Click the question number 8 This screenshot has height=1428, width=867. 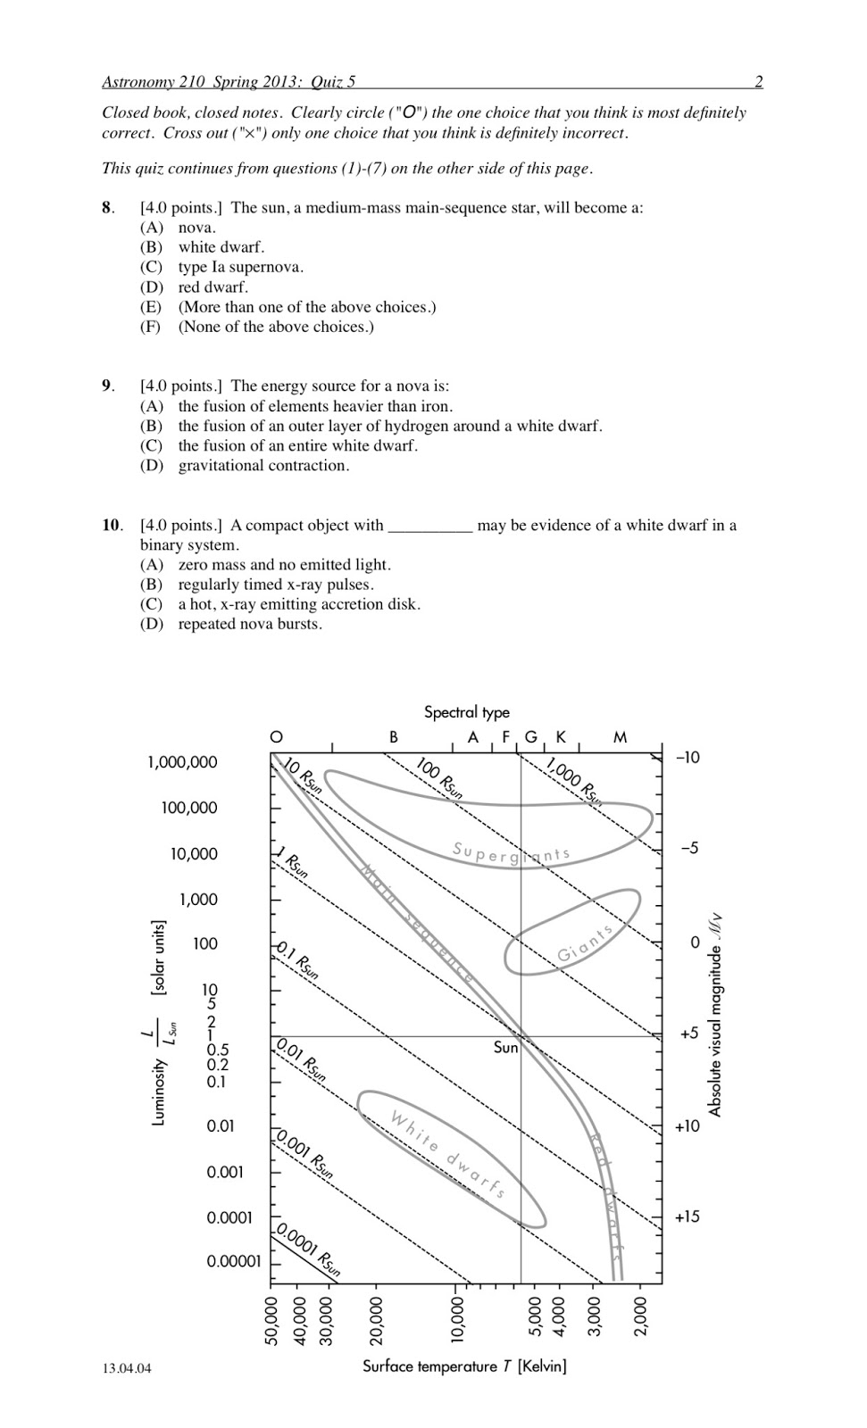107,208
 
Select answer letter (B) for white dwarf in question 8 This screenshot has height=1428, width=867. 151,247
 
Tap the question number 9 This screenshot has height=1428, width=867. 107,386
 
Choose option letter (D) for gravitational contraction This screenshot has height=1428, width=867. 151,466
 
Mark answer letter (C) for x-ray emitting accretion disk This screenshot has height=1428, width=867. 151,604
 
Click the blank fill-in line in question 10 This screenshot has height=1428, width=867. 429,528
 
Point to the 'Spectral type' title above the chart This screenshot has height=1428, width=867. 466,712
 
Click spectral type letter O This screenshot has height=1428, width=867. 277,737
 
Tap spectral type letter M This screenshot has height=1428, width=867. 621,737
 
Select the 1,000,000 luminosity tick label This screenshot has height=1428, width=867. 181,762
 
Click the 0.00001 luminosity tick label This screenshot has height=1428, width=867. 234,1262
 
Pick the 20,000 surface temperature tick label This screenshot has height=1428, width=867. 376,1320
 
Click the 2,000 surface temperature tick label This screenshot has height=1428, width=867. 640,1320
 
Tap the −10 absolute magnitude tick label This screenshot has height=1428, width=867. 688,758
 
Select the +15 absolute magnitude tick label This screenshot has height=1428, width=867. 688,1217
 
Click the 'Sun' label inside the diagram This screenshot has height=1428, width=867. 505,1048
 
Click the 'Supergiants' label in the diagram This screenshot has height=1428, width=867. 511,853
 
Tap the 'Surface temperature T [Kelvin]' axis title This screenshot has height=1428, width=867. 464,1366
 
